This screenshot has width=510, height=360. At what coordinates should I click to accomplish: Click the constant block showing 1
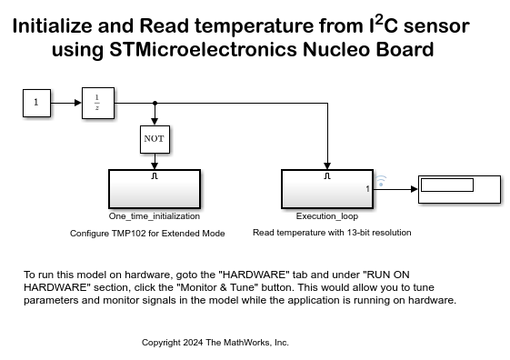point(35,103)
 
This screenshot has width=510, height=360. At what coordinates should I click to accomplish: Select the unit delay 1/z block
point(95,103)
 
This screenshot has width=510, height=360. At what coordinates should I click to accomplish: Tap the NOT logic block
point(155,139)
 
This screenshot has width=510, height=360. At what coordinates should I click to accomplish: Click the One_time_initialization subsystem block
point(155,190)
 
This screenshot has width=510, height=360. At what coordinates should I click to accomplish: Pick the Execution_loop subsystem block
point(326,190)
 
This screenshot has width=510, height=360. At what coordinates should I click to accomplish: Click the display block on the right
point(458,189)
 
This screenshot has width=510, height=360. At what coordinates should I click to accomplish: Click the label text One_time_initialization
point(155,216)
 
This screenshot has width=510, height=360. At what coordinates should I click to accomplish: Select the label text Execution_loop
point(326,216)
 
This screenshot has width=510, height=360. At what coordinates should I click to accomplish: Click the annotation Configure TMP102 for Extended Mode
point(160,233)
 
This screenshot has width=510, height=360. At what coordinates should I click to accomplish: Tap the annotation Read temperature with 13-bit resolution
point(332,233)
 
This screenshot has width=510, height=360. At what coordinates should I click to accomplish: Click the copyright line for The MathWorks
point(215,343)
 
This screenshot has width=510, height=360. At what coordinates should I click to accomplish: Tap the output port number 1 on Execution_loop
point(367,189)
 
